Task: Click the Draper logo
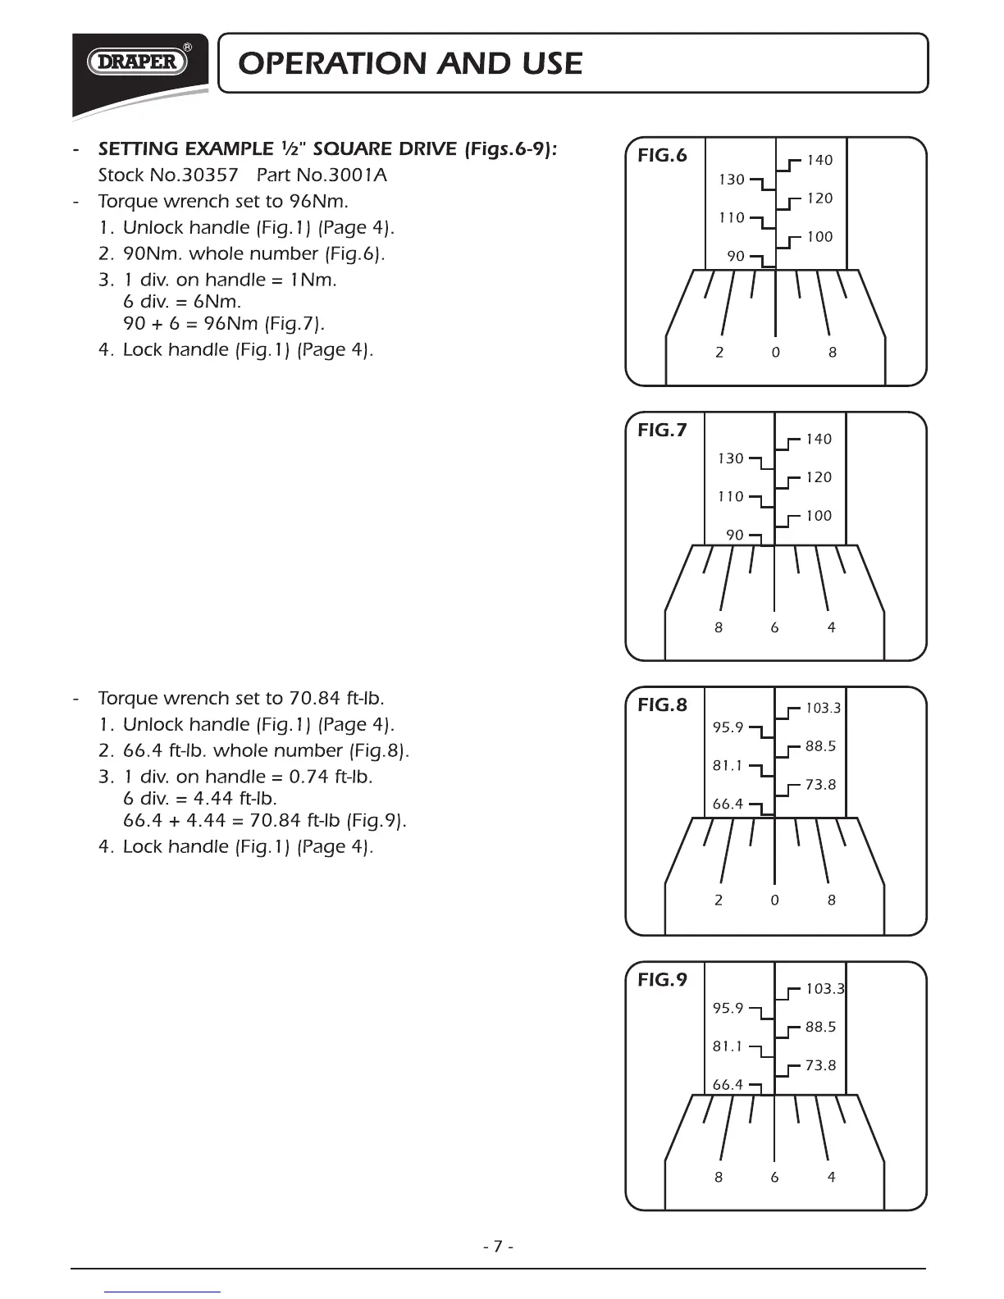coord(138,62)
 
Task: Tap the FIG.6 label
coord(662,156)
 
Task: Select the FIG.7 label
coord(662,431)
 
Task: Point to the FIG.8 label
coord(662,705)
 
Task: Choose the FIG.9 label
coord(662,980)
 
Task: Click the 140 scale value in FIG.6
coord(819,161)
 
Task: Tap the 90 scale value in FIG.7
coord(735,536)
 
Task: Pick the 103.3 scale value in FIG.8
coord(823,709)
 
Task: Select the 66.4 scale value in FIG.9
coord(728,1085)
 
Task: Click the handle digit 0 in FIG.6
coord(775,353)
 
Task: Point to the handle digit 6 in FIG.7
coord(774,628)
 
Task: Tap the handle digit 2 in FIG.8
coord(719,900)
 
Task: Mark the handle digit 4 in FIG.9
coord(832,1178)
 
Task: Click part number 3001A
coord(355,175)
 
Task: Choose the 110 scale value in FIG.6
coord(732,218)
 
